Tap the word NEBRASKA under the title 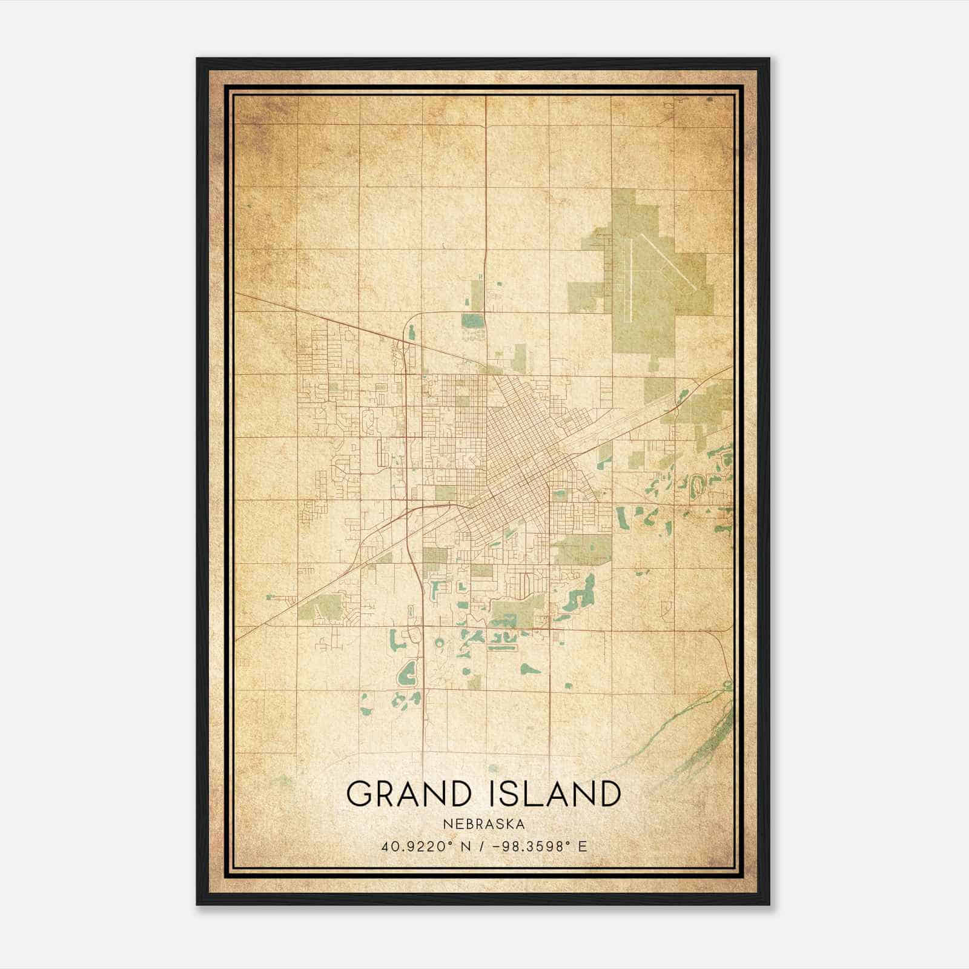coord(484,824)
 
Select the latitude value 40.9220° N coord(422,847)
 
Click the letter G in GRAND coord(359,794)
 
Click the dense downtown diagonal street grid coord(515,460)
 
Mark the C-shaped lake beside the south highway coord(407,672)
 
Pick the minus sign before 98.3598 coord(497,847)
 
